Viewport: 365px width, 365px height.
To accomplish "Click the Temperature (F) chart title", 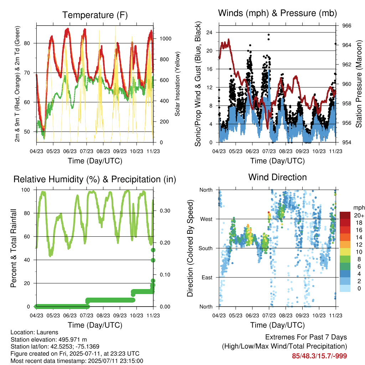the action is (95, 15).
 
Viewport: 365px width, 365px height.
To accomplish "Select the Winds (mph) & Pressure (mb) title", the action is (277, 13).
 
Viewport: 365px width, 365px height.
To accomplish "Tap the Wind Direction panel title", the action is (277, 177).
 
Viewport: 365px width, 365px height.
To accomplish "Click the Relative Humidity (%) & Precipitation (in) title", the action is (95, 180).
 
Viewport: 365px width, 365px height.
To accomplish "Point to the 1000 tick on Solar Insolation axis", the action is (165, 38).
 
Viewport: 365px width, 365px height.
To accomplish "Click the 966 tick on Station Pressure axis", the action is (346, 26).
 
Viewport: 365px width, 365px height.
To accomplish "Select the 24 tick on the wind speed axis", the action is (209, 32).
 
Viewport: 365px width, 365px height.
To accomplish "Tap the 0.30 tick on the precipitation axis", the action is (165, 211).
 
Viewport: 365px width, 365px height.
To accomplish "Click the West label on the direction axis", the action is (206, 219).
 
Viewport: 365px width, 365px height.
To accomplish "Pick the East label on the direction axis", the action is (207, 277).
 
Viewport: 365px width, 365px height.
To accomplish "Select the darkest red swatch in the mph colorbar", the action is (345, 215).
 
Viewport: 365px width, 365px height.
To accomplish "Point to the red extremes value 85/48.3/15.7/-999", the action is (319, 356).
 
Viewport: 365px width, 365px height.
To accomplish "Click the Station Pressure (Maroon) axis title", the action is (359, 84).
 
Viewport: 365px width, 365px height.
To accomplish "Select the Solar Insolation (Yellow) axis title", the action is (178, 84).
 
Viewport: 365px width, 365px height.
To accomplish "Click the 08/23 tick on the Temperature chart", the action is (103, 151).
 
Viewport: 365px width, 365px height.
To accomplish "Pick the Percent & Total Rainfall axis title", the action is (14, 248).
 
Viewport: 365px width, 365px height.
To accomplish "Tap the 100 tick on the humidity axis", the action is (26, 190).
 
